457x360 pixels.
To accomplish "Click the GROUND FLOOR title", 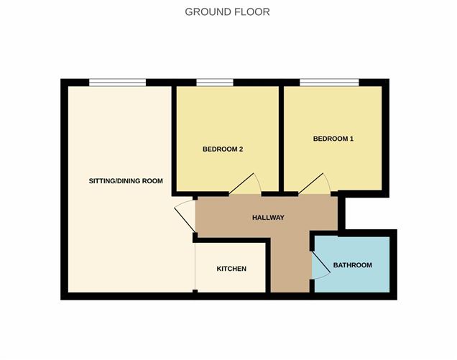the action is (x=227, y=12).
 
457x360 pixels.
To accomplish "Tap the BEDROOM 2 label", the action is (x=223, y=149).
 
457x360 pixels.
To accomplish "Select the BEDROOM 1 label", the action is (x=333, y=139).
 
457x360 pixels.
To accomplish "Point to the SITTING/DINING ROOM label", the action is (x=126, y=181).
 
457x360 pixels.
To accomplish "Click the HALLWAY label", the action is (x=268, y=218).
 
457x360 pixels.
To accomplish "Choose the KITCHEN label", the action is (x=231, y=269).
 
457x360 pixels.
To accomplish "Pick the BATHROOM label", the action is (x=352, y=265).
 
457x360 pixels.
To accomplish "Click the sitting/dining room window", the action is (x=117, y=83).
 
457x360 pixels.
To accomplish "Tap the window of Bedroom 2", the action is (x=215, y=83).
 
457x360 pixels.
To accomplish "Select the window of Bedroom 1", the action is (x=329, y=83).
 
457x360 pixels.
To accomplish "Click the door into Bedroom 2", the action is (x=241, y=184).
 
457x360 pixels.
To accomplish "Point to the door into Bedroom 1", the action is (x=310, y=184).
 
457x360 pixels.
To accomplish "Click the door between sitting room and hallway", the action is (x=185, y=216).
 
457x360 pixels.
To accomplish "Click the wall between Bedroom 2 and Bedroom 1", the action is (x=281, y=139).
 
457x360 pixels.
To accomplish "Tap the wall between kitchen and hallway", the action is (x=268, y=265).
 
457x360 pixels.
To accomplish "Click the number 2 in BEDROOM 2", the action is (x=241, y=149).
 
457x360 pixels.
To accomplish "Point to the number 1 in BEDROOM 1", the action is (x=351, y=139).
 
